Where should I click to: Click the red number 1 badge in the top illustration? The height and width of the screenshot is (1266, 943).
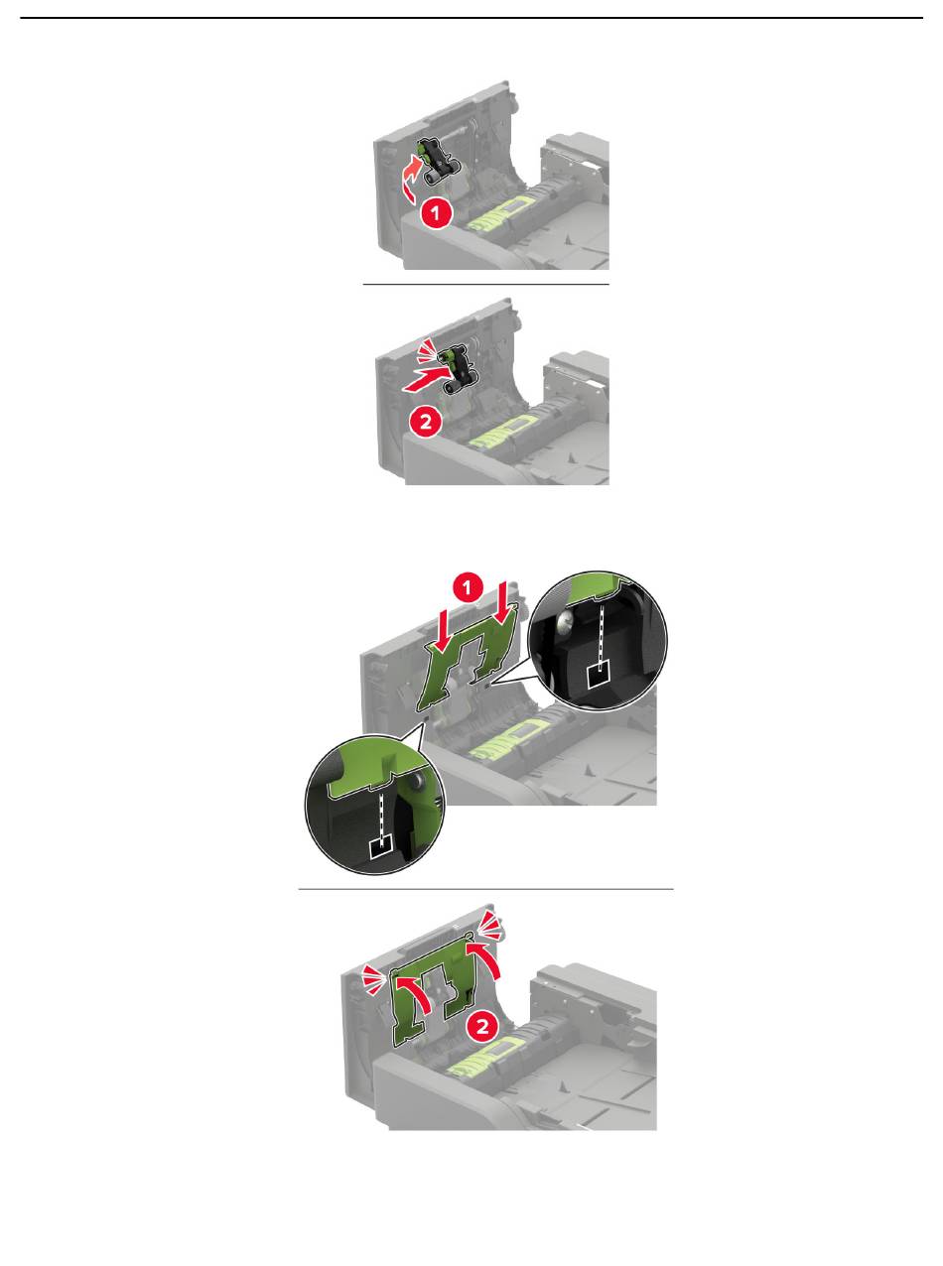click(x=436, y=213)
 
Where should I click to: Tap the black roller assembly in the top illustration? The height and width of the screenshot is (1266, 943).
click(x=438, y=163)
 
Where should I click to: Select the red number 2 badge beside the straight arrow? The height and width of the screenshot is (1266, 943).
click(x=426, y=423)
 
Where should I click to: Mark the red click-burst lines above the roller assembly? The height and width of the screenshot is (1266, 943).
click(x=425, y=349)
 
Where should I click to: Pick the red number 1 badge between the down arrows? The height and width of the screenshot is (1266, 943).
click(x=468, y=588)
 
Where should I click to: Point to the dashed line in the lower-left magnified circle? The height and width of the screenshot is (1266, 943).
click(x=379, y=815)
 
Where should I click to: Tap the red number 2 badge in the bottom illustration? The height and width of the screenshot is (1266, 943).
click(x=482, y=1026)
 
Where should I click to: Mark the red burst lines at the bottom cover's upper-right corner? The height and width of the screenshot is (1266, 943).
click(x=491, y=926)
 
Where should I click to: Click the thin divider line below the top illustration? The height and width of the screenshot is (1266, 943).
click(x=486, y=283)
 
